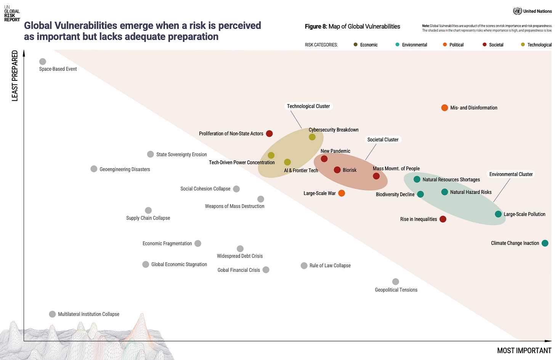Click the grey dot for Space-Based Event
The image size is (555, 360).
43,62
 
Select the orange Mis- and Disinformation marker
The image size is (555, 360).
444,108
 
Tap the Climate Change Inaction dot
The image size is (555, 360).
545,243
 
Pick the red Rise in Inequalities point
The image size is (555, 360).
443,219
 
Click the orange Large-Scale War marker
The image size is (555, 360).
342,193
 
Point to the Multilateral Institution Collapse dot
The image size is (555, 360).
53,314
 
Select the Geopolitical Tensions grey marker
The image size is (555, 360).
396,282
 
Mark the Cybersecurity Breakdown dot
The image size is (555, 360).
312,137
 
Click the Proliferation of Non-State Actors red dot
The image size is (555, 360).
269,134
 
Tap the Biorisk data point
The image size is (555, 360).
337,170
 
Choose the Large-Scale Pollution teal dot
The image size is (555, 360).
498,214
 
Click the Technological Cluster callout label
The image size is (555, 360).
308,106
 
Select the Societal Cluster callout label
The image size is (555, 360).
383,140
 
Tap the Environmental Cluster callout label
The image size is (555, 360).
511,174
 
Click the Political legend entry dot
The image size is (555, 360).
445,45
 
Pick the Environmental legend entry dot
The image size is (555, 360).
398,45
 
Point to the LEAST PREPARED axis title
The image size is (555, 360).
15,76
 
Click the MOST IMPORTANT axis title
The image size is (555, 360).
524,350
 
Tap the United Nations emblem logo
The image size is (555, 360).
517,11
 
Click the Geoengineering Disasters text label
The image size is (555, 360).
125,170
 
